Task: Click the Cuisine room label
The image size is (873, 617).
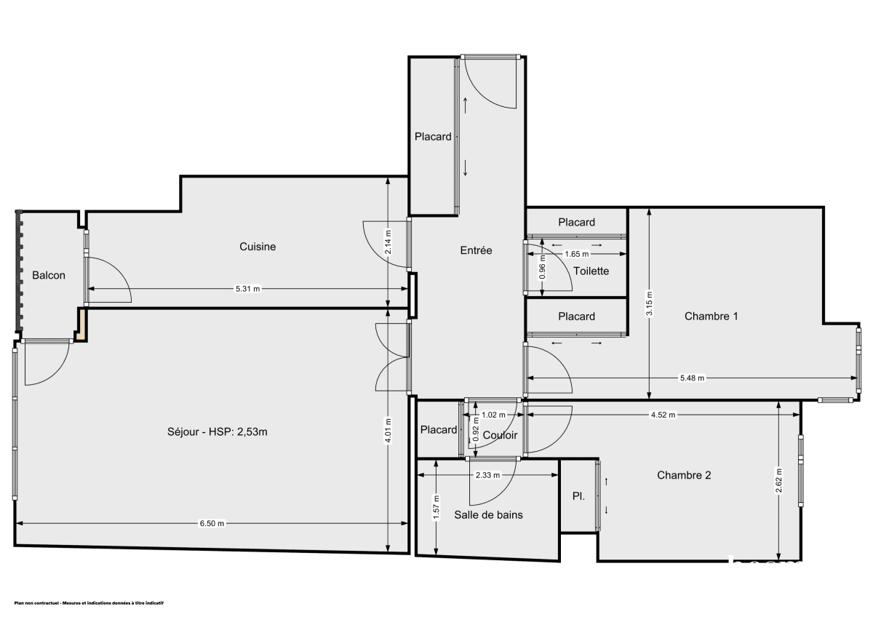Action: click(x=258, y=247)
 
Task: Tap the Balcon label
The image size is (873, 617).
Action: click(x=49, y=275)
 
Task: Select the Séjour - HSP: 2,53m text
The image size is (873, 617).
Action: click(x=217, y=432)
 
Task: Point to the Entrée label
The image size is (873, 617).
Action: click(x=476, y=250)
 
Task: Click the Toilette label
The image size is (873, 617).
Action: click(x=591, y=271)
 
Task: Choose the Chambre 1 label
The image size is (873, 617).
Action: click(x=711, y=316)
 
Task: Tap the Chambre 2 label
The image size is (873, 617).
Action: click(x=684, y=475)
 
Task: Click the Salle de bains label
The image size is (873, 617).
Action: click(x=488, y=514)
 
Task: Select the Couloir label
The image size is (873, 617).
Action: click(x=500, y=435)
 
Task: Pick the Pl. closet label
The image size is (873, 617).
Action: click(x=578, y=496)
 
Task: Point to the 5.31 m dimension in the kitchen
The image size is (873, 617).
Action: click(x=247, y=289)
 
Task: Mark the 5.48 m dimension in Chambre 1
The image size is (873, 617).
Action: click(x=692, y=378)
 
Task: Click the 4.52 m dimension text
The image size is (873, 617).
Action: click(x=663, y=415)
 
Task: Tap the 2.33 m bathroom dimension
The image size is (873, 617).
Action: click(x=487, y=475)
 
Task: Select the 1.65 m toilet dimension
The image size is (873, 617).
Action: click(x=576, y=254)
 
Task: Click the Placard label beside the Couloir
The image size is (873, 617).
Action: click(x=439, y=430)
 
